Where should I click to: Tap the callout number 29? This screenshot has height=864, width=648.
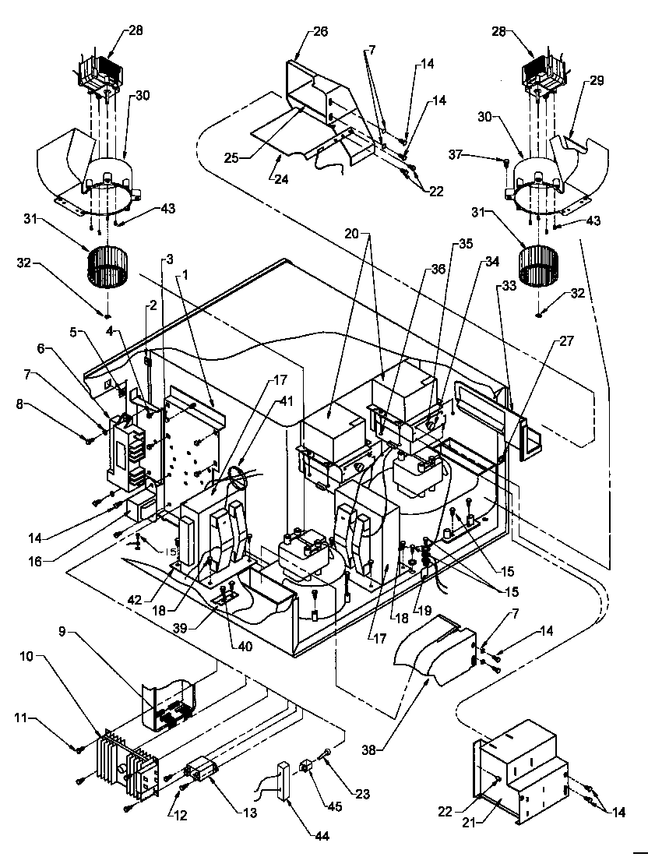pyautogui.click(x=597, y=80)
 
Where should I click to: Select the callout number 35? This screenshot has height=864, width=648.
pyautogui.click(x=466, y=243)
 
